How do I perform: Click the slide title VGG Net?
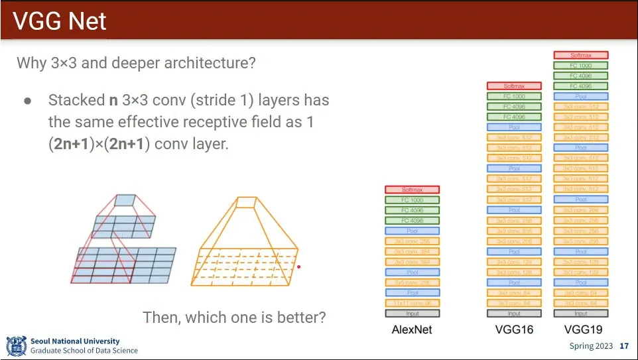(60, 21)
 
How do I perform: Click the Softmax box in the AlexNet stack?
(412, 190)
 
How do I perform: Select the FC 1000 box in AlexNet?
(412, 200)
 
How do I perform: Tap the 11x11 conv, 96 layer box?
(412, 303)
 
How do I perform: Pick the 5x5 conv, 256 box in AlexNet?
(412, 282)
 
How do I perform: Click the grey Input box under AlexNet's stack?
(412, 314)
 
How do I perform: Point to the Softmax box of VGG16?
(514, 86)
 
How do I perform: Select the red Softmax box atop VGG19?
(581, 55)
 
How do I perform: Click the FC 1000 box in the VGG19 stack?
(581, 66)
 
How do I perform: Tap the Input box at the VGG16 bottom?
(514, 314)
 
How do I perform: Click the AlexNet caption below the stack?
(412, 330)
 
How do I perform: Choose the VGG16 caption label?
(514, 330)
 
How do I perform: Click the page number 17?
(623, 346)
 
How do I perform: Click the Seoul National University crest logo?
(16, 346)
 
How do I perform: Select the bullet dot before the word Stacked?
(28, 101)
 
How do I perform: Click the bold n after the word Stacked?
(113, 101)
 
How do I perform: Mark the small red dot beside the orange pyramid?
(299, 267)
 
